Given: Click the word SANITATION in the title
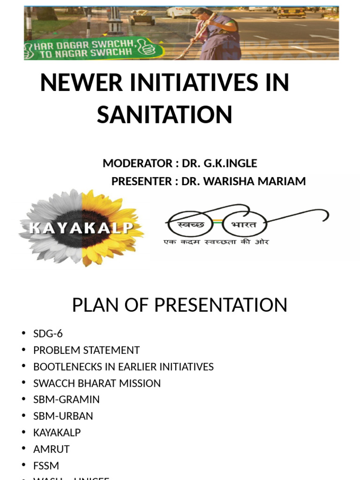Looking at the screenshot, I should pos(165,114).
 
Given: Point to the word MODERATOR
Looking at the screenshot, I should pos(137,164).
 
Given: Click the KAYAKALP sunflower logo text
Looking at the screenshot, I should pos(81,229).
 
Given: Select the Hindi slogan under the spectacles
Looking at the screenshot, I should pos(216,242).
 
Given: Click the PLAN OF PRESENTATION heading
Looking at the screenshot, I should pos(180,305).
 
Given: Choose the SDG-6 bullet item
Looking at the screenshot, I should pos(48,334).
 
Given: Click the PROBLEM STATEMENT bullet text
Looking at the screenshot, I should pos(86,350).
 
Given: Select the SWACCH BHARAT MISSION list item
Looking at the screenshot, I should pos(97,383).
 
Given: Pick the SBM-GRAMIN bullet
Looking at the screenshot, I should pos(66,399).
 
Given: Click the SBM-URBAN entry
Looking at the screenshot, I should pos(63,416).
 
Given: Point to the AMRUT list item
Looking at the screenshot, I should pos(51,449).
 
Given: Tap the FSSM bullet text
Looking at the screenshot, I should pos(46,465).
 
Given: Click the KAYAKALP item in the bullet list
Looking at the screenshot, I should pos(57,432).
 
